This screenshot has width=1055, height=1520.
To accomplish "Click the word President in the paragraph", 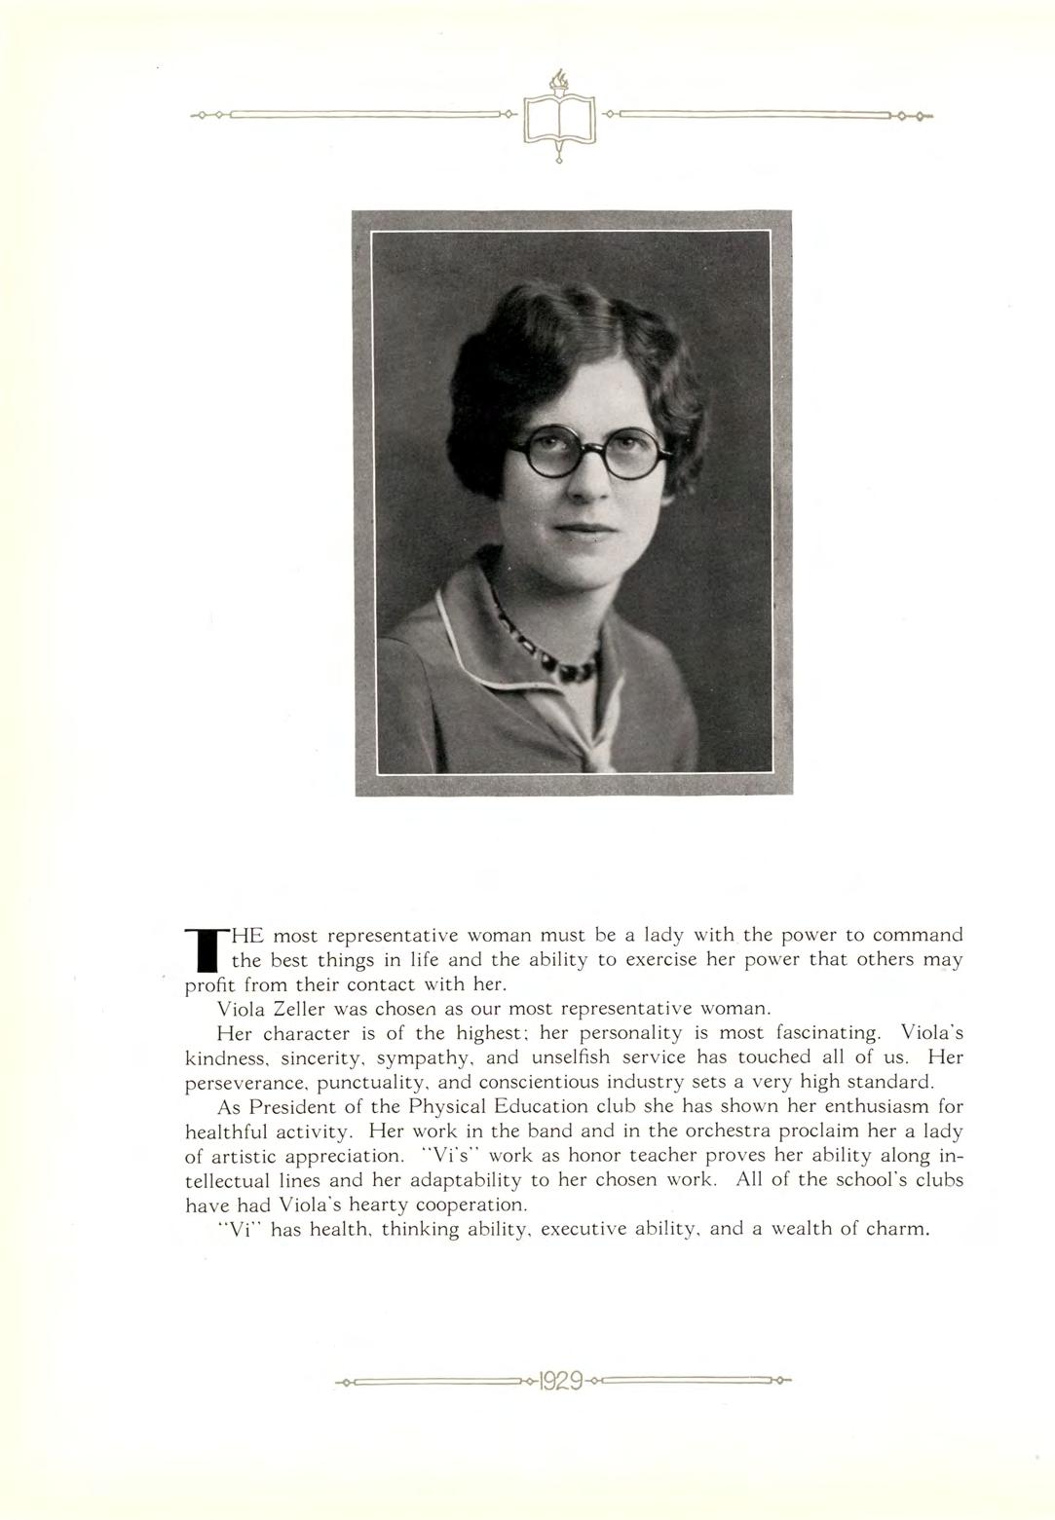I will pos(291,1107).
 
